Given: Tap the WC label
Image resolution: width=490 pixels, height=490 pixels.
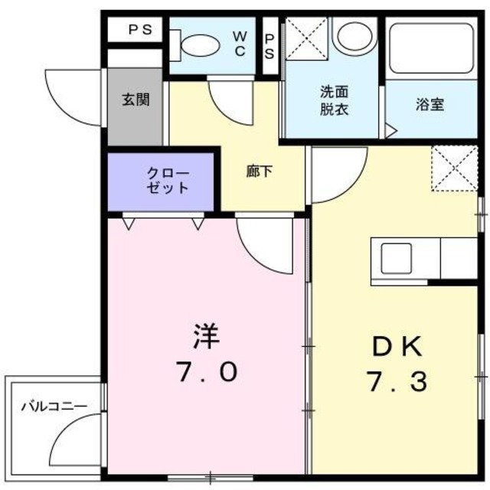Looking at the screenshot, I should pos(240,43).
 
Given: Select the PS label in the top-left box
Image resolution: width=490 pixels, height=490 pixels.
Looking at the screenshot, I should pos(139,30).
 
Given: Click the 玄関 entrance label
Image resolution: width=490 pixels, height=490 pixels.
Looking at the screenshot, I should pos(135,100).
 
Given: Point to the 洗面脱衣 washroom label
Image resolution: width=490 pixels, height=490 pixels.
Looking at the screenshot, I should pos(333,100).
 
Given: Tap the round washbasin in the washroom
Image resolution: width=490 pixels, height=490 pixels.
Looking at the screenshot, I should pos(354,35).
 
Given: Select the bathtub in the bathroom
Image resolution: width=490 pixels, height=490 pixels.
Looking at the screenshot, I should pos(431,47).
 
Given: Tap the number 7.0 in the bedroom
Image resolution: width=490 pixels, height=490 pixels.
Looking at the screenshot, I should pos(207,372).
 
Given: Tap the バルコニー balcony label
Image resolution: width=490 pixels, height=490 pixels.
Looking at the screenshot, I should pos(54,406).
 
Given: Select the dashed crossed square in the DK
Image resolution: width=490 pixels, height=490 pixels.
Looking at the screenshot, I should pos(453,168).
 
